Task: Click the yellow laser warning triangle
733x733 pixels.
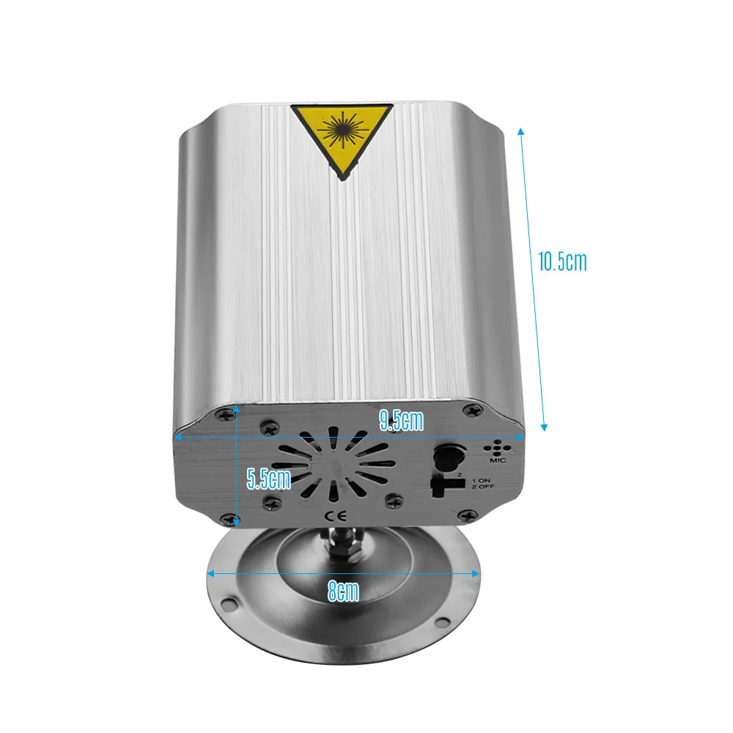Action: coord(342,136)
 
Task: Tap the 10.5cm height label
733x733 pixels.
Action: coord(562,262)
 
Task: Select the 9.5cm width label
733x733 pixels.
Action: coord(402,420)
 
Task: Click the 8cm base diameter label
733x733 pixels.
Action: coord(343,592)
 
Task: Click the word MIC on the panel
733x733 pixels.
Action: coord(498,460)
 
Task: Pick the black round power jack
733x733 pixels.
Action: coord(448,457)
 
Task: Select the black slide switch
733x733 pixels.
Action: coord(445,485)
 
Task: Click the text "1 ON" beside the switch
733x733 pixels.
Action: coord(481,481)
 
